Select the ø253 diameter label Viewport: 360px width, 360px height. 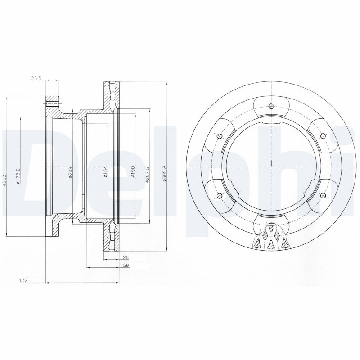[x=4, y=180]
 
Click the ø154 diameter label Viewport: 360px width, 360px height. [x=105, y=172]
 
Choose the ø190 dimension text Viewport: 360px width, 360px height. [x=133, y=172]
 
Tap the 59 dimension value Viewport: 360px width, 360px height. [x=126, y=265]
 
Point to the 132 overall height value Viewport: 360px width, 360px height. [x=24, y=280]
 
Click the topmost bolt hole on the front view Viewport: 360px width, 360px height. [x=270, y=107]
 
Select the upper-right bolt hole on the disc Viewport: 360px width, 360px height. [x=322, y=136]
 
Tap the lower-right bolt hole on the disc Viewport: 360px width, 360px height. [x=322, y=196]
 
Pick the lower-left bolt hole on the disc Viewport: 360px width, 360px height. [x=219, y=196]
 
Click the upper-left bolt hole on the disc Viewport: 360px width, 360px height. [x=219, y=136]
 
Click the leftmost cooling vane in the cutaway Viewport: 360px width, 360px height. [x=257, y=244]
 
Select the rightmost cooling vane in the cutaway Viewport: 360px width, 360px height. [x=284, y=244]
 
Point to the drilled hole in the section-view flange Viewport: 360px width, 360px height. [x=53, y=103]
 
